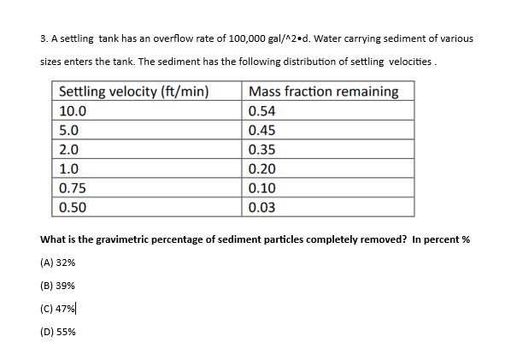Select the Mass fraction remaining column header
[x=322, y=91]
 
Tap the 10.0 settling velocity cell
[x=73, y=111]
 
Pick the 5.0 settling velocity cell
[x=69, y=131]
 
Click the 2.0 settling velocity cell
[x=69, y=150]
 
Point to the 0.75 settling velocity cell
[x=73, y=188]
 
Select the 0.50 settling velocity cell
[x=73, y=207]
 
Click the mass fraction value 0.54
[x=261, y=111]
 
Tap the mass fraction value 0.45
[x=261, y=131]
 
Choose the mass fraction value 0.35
[x=261, y=150]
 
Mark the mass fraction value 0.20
[x=261, y=169]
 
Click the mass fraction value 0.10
[x=261, y=188]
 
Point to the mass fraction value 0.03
[x=261, y=207]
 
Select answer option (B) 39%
[x=57, y=287]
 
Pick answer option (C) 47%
[x=57, y=310]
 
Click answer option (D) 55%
[x=57, y=333]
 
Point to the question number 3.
[x=44, y=38]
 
